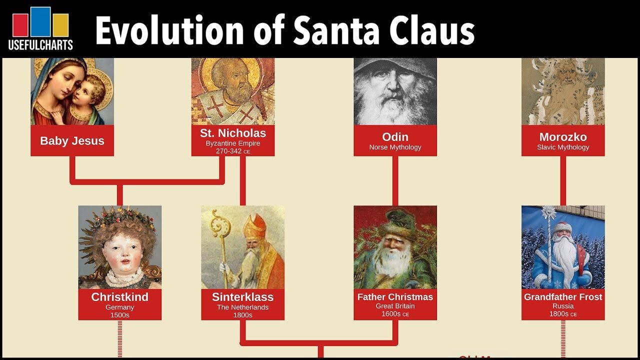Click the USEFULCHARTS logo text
click(40, 44)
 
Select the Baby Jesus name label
click(72, 140)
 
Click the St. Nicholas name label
click(233, 133)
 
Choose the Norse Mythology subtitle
click(395, 147)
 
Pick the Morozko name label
click(563, 136)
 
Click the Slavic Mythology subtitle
click(563, 147)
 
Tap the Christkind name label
click(119, 296)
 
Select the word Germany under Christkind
click(119, 306)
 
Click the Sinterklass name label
click(242, 296)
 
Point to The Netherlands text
click(242, 307)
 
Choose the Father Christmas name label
click(395, 296)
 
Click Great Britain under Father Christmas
click(395, 306)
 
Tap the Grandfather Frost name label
click(563, 296)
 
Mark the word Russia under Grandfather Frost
click(563, 306)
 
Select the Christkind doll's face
click(119, 252)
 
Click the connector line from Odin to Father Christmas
click(395, 180)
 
